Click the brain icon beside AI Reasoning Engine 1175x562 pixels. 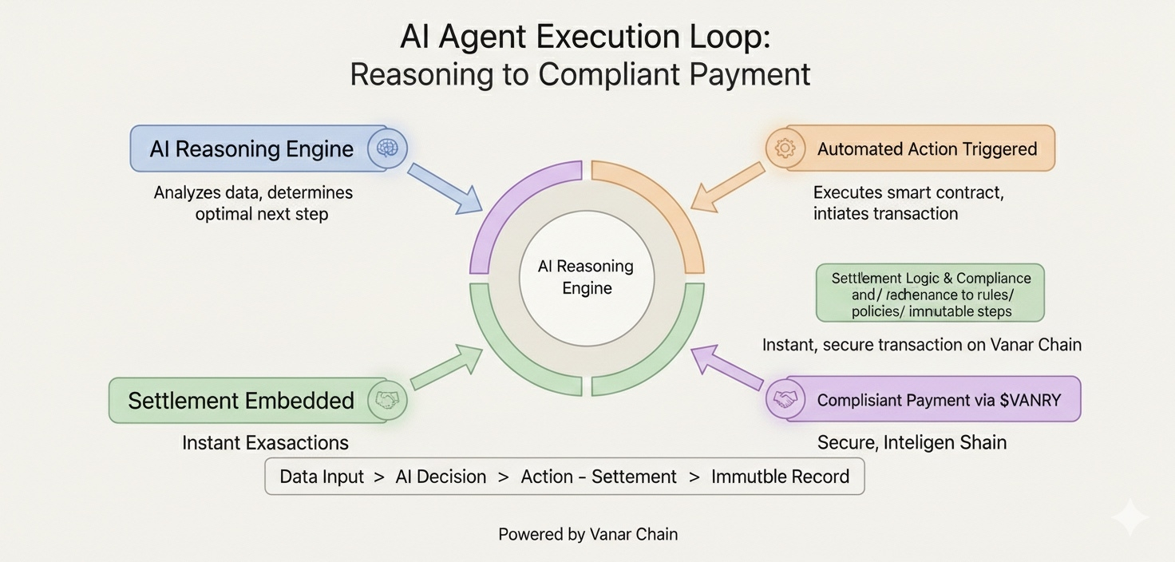click(x=386, y=148)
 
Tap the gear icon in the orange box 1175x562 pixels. click(x=785, y=148)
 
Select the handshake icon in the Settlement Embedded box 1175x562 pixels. click(x=387, y=400)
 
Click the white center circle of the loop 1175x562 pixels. click(x=587, y=277)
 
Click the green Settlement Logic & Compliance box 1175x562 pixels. click(x=931, y=294)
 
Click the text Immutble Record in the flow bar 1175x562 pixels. click(x=780, y=477)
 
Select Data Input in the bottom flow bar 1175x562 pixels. click(x=321, y=477)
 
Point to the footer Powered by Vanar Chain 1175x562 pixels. click(x=587, y=534)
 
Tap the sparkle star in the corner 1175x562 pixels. click(x=1130, y=518)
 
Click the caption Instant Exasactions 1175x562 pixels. click(x=265, y=442)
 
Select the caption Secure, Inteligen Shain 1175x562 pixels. click(x=912, y=442)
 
